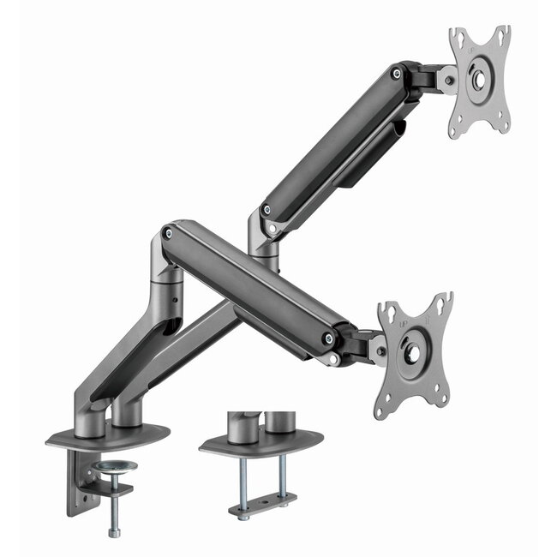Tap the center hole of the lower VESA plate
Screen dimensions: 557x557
[x=413, y=352]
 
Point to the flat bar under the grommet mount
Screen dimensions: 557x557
[x=262, y=505]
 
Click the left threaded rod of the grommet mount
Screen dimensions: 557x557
[x=243, y=480]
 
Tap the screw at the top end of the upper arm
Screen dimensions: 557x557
[x=396, y=74]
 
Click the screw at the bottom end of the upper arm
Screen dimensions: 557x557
[x=267, y=209]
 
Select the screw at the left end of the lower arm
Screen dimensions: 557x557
[x=169, y=232]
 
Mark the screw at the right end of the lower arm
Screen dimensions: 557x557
[x=329, y=338]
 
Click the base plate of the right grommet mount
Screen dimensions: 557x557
[x=261, y=442]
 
